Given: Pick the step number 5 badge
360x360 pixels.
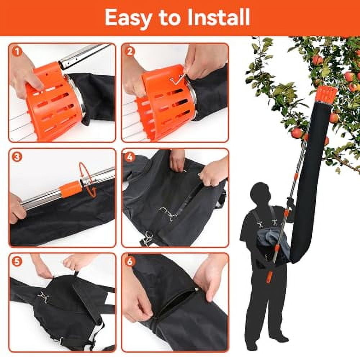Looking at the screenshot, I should [x=16, y=261].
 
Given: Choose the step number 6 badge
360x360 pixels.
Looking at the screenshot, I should [x=130, y=261].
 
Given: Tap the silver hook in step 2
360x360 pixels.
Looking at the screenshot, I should [x=179, y=78].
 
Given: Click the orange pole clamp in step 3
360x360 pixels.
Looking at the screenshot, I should [x=70, y=189].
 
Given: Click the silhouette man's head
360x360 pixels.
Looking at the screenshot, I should [x=262, y=194].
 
